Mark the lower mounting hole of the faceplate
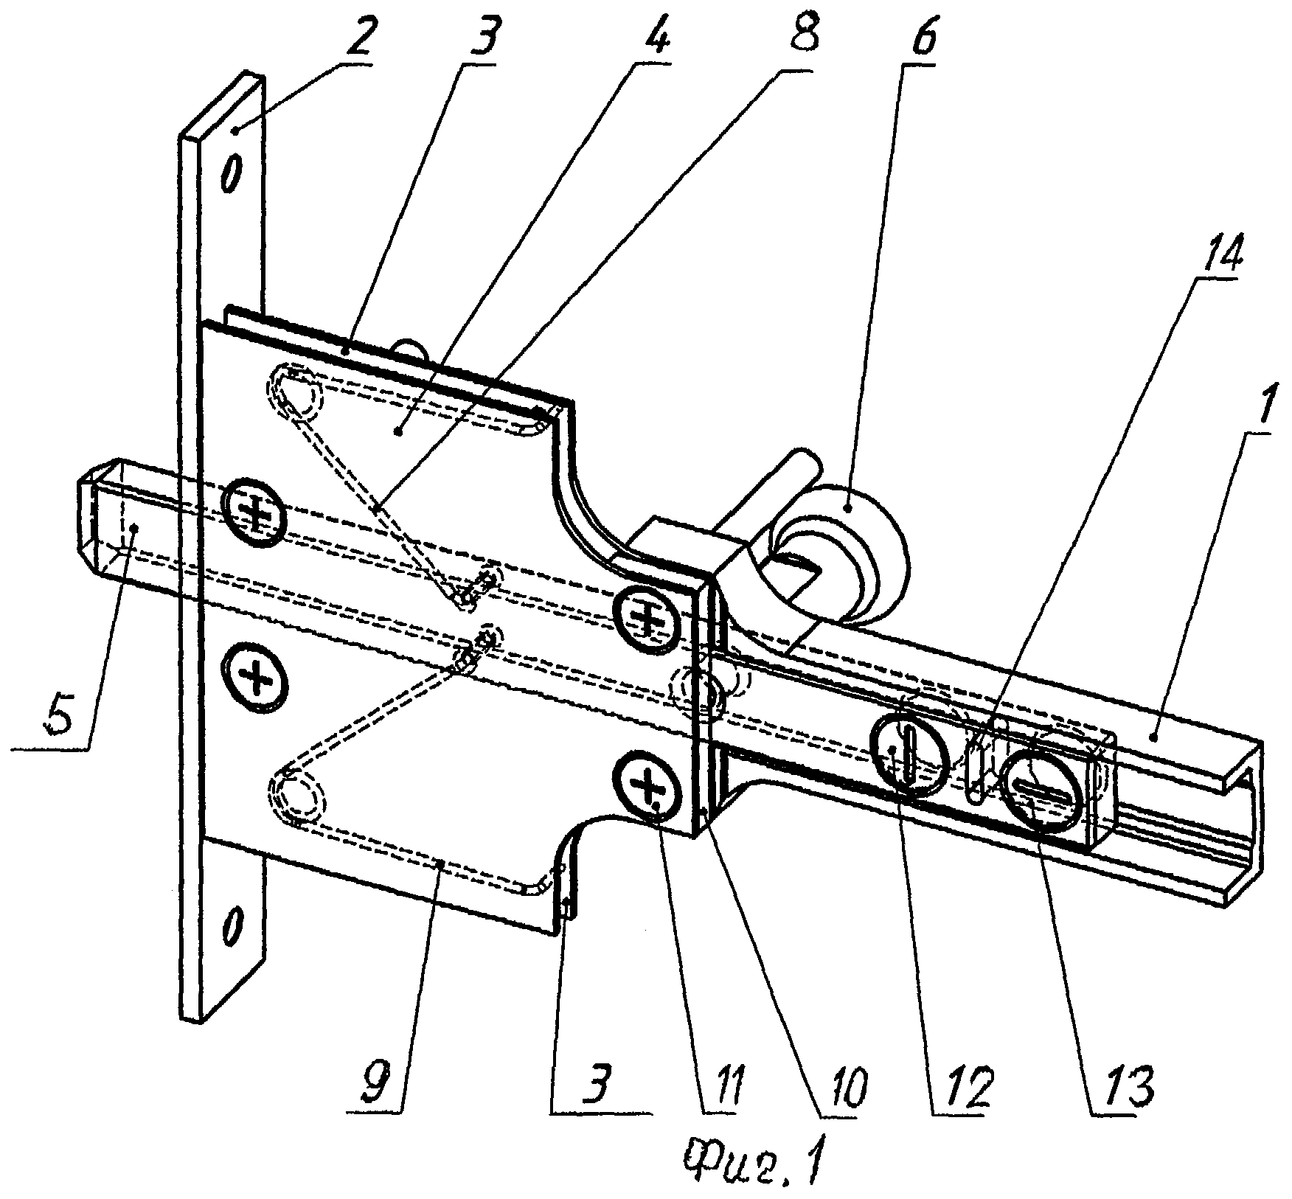click(x=231, y=925)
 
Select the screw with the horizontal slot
click(x=1043, y=790)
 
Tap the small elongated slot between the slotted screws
click(x=976, y=773)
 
